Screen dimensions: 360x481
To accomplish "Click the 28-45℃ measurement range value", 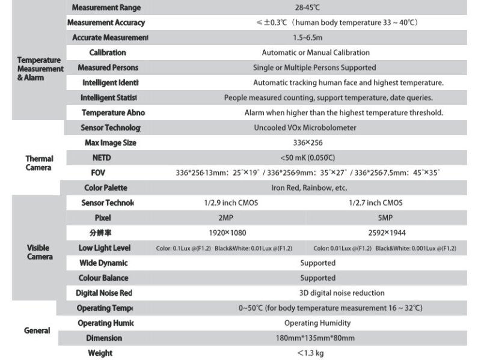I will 307,8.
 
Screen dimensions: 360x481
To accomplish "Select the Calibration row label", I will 108,53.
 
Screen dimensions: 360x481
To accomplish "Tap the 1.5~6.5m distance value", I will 307,38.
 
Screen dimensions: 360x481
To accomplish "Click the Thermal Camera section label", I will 39,163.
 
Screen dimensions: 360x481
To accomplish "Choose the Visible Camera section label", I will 39,252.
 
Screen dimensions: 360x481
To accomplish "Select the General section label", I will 37,331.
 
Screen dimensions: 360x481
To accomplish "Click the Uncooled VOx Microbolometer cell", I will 305,127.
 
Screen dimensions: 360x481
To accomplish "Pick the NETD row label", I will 102,157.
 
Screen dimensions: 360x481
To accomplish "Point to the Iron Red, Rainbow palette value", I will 309,188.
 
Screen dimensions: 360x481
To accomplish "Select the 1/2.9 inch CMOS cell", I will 231,203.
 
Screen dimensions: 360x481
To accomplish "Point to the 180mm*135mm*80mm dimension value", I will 315,338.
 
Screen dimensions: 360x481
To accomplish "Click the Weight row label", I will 100,353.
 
